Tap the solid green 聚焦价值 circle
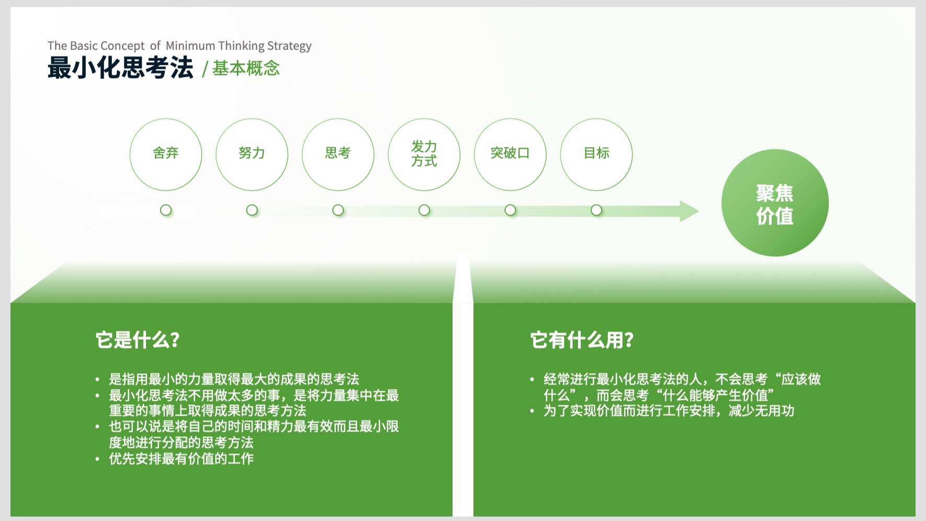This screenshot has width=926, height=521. [775, 203]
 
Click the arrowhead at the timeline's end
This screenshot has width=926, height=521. [690, 211]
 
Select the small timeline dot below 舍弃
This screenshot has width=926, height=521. [166, 210]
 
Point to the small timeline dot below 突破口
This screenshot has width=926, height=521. [510, 210]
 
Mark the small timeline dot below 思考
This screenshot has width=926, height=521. [338, 210]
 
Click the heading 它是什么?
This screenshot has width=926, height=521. [138, 340]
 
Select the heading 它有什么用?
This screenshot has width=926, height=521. [582, 340]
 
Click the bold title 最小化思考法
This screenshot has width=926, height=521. [120, 68]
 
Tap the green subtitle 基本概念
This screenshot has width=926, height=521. [246, 68]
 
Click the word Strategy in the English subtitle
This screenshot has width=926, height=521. [289, 46]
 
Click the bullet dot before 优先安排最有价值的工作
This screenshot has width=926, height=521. [97, 459]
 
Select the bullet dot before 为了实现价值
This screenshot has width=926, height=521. [532, 411]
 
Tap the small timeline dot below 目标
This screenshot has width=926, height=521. [596, 210]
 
